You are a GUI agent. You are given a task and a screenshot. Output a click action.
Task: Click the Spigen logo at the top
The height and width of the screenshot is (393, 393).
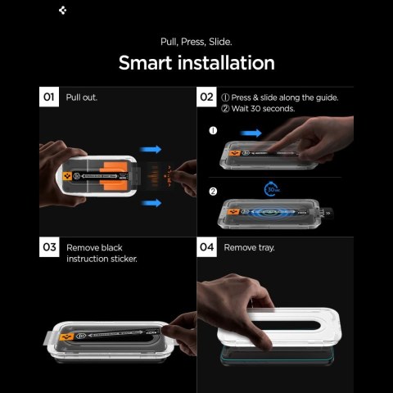click(64, 11)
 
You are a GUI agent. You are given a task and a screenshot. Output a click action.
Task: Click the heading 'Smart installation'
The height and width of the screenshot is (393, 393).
click(196, 62)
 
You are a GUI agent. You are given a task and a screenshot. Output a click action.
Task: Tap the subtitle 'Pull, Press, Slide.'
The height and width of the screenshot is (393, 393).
click(196, 40)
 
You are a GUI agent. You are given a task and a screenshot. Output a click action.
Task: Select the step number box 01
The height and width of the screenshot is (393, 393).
click(50, 97)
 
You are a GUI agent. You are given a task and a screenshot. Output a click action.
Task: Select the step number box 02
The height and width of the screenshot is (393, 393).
click(207, 97)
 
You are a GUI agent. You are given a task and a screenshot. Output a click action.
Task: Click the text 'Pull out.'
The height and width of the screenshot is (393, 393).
click(82, 97)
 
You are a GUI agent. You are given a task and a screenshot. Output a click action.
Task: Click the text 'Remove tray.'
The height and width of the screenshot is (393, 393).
click(250, 246)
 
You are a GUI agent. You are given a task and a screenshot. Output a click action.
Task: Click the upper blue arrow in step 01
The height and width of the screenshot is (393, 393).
click(151, 150)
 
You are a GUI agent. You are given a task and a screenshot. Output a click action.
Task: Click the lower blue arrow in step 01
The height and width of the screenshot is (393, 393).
click(151, 201)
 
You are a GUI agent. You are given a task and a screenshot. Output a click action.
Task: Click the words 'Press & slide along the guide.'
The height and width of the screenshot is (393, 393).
click(285, 97)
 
